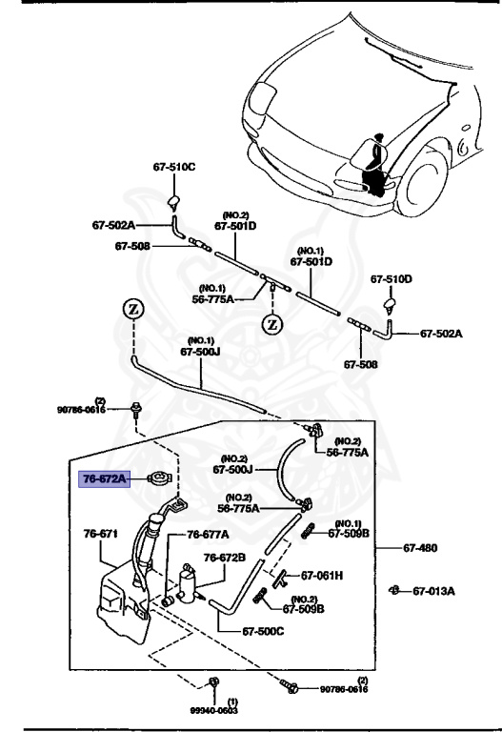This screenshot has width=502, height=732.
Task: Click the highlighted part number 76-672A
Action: pyautogui.click(x=102, y=479)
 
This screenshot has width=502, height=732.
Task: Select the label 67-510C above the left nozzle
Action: pyautogui.click(x=173, y=167)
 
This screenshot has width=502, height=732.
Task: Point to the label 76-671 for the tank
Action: pyautogui.click(x=100, y=534)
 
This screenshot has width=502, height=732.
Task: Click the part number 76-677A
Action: pyautogui.click(x=208, y=535)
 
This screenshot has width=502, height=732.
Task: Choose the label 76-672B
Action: pyautogui.click(x=225, y=558)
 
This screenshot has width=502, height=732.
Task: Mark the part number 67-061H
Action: pyautogui.click(x=322, y=576)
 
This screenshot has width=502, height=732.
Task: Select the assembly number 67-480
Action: pyautogui.click(x=420, y=548)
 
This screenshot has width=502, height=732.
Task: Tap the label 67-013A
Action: pyautogui.click(x=434, y=591)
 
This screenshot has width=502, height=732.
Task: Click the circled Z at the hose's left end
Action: pyautogui.click(x=132, y=309)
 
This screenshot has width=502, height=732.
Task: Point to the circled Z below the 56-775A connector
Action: pyautogui.click(x=271, y=323)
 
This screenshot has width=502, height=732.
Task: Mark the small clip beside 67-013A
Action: pyautogui.click(x=393, y=591)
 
